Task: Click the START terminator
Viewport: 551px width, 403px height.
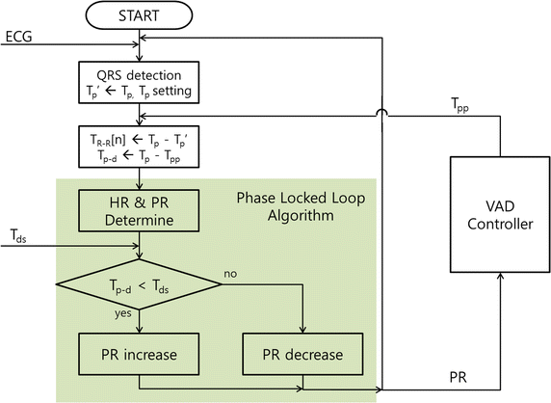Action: [141, 17]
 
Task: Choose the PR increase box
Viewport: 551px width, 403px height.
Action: [140, 354]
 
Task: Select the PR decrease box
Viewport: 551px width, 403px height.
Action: [303, 354]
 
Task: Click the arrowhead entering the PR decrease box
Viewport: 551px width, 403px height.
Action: [303, 331]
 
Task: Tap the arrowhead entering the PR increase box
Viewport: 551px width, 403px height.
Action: [140, 331]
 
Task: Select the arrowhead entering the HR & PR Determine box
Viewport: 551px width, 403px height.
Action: [140, 190]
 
